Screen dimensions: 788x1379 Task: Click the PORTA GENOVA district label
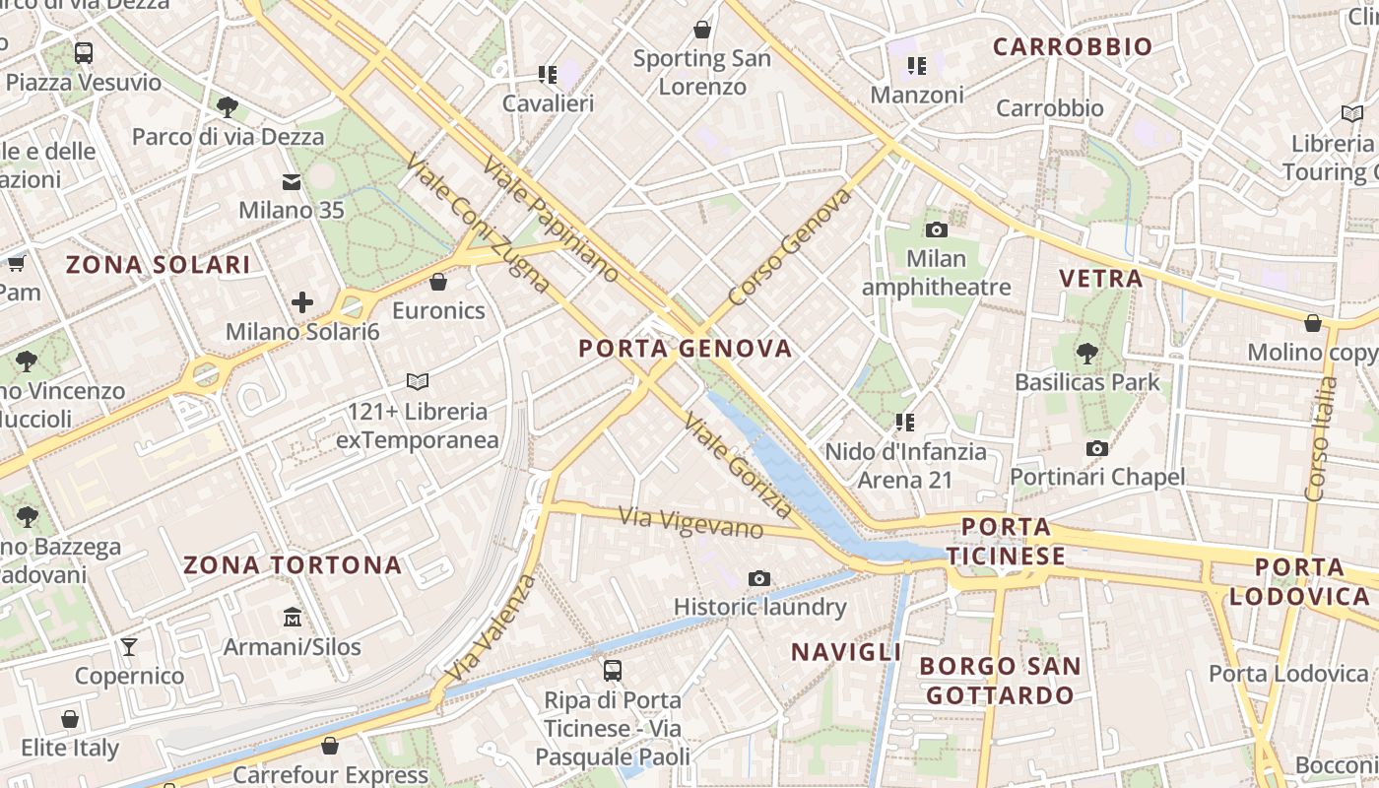[x=685, y=349]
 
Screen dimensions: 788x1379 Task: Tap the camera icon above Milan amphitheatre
[x=937, y=230]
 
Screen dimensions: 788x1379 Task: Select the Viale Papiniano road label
[x=551, y=218]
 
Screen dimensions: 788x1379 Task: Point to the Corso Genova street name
[x=789, y=246]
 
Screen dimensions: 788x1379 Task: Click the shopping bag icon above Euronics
[x=438, y=283]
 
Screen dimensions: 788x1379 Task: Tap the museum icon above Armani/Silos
[x=293, y=619]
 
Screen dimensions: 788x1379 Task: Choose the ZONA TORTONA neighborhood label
[x=293, y=565]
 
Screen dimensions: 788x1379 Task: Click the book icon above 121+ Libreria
[x=418, y=381]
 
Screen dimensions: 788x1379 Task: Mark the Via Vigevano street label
[x=690, y=522]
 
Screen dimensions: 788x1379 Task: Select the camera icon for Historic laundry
[x=758, y=578]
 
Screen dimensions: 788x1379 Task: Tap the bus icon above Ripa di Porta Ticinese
[x=612, y=671]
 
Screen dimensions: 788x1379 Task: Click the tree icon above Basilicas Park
[x=1086, y=353]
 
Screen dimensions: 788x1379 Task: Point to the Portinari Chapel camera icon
[x=1097, y=449]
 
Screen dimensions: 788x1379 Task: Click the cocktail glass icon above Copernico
[x=129, y=647]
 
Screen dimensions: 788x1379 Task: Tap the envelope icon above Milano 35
[x=292, y=182]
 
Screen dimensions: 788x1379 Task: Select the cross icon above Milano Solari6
[x=302, y=302]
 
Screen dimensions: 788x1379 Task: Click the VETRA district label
[x=1101, y=279]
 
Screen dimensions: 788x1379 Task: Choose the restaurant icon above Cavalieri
[x=548, y=75]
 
